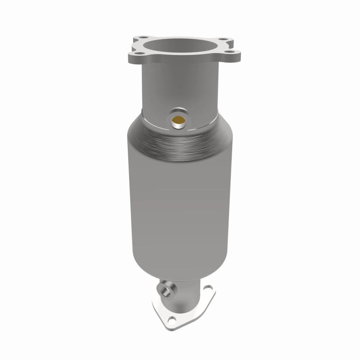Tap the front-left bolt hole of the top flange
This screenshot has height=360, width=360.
click(139, 53)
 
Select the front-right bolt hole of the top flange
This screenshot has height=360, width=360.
click(229, 52)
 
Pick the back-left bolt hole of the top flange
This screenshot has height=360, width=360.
click(144, 37)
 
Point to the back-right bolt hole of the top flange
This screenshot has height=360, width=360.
click(222, 39)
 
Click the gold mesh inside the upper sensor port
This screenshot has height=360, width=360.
click(178, 120)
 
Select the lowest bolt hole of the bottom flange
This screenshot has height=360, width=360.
click(172, 321)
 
